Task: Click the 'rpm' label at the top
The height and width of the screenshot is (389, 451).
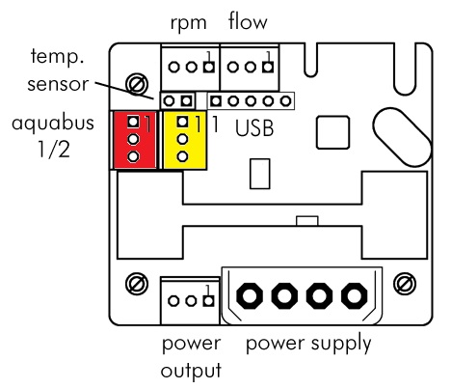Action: (x=188, y=24)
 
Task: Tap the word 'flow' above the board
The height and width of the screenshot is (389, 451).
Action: (x=248, y=21)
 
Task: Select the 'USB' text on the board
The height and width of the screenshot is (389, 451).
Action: (x=254, y=128)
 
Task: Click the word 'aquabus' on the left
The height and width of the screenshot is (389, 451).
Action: (x=53, y=124)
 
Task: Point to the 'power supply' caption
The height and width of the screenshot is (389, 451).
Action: (x=308, y=344)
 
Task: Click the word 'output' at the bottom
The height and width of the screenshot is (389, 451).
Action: (x=191, y=371)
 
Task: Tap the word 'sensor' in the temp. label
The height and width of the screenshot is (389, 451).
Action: (x=58, y=84)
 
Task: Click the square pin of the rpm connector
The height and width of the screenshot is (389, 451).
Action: (x=209, y=68)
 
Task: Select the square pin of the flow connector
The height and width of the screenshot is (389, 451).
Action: (x=268, y=68)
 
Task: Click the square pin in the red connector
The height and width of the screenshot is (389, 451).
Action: (x=133, y=122)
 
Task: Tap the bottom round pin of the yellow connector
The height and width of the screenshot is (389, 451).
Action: (x=182, y=156)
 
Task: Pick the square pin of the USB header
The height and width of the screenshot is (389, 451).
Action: (x=216, y=101)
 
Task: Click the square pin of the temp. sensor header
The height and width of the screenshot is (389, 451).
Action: (x=186, y=101)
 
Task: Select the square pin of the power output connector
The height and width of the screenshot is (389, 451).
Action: (x=208, y=301)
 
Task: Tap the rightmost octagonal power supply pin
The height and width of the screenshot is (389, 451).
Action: (x=354, y=295)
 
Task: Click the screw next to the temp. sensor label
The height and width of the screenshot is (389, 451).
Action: (x=137, y=84)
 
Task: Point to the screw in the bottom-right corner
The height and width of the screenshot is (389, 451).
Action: (x=405, y=284)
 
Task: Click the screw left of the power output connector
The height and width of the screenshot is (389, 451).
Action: (x=137, y=284)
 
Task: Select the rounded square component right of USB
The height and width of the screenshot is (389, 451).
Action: (x=332, y=132)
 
